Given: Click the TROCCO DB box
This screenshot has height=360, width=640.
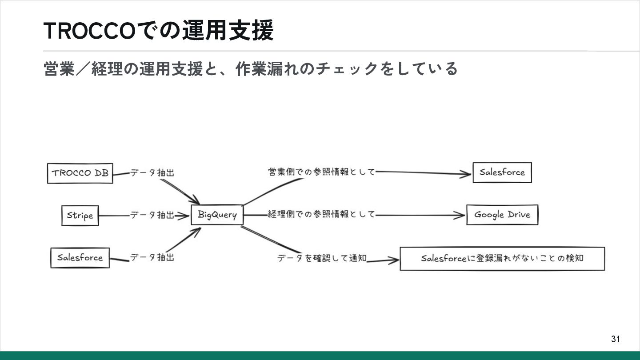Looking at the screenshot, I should tap(80, 173).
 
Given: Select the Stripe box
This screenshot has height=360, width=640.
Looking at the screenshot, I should tap(80, 216).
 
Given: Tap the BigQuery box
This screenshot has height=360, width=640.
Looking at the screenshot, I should tap(217, 215).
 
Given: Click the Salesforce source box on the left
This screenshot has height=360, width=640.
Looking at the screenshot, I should tap(80, 258).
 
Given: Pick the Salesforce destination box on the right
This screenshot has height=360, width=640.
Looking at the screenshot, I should tap(502, 172).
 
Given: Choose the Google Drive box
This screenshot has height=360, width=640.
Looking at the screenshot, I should tap(502, 215).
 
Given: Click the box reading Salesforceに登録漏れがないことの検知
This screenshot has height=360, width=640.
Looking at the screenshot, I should tap(502, 259).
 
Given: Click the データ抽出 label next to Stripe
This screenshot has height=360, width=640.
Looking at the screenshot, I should tap(152, 215).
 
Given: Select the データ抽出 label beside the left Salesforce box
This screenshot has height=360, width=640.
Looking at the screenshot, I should tap(152, 257).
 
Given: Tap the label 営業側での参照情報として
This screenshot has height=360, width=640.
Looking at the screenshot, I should tap(321, 172).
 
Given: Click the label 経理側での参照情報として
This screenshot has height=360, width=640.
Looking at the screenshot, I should tap(321, 215).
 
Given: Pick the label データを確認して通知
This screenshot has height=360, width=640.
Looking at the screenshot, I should tap(322, 258).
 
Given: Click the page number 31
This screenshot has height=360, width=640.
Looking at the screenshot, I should tap(615, 339).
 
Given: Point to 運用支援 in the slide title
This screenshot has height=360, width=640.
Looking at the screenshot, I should tap(227, 31).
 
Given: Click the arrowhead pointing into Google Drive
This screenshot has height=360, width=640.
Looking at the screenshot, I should tap(460, 216).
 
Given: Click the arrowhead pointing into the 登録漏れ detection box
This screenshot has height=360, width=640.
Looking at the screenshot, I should tap(394, 261).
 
